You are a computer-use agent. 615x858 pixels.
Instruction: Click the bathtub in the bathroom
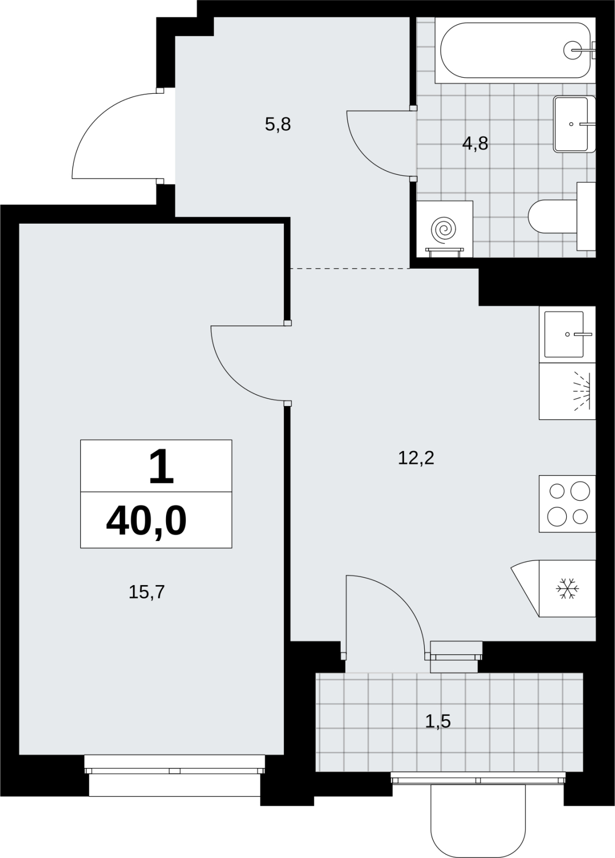click(515, 50)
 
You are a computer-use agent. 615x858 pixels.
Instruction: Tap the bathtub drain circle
click(573, 50)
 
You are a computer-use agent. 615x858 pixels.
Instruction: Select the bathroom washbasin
click(574, 124)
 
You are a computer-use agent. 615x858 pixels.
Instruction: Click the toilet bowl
click(553, 216)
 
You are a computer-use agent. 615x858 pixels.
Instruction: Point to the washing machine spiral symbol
click(444, 230)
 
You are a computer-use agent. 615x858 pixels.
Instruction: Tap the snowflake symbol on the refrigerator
click(567, 589)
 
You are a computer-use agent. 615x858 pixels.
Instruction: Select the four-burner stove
click(567, 504)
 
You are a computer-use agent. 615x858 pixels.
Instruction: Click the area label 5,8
click(278, 124)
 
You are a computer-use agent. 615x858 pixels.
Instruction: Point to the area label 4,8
click(475, 144)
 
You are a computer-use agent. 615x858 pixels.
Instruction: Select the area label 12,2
click(416, 458)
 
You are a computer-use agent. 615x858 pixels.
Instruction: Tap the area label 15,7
click(147, 592)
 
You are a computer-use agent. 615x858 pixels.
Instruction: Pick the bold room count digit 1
click(161, 466)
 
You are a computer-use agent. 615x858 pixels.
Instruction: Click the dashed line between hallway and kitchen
click(350, 269)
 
